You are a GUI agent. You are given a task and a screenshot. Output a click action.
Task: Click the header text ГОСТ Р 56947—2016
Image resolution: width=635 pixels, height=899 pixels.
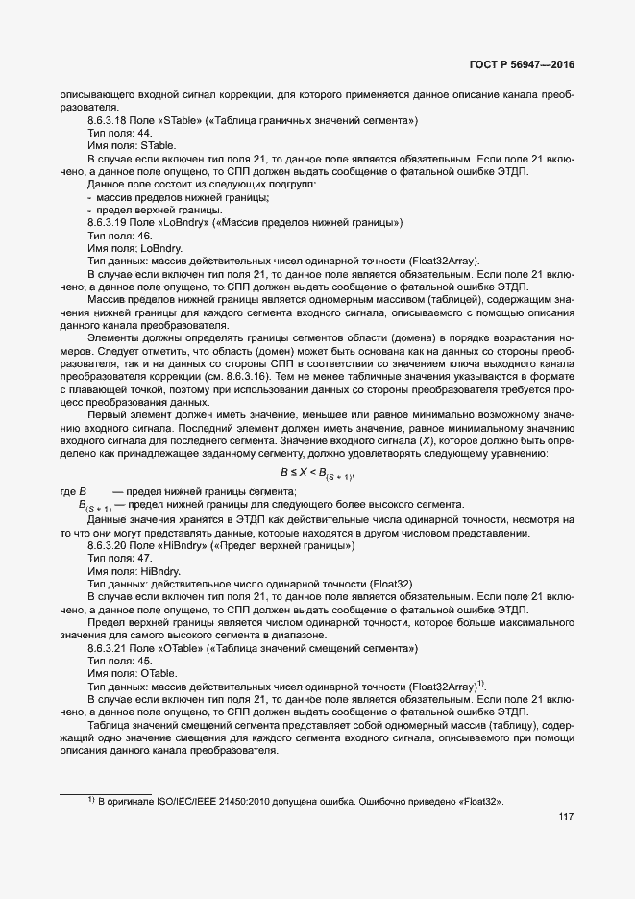(522, 65)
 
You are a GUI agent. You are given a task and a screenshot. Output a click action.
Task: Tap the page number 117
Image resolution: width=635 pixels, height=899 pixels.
(565, 817)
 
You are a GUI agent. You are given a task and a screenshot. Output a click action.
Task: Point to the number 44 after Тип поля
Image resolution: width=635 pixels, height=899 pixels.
(144, 133)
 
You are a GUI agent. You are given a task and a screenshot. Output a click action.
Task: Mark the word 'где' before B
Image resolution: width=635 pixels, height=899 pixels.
(68, 491)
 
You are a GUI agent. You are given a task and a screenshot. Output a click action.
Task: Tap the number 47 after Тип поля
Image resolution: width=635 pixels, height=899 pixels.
(144, 559)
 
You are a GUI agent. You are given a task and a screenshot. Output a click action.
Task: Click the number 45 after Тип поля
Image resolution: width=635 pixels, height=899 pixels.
(144, 661)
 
